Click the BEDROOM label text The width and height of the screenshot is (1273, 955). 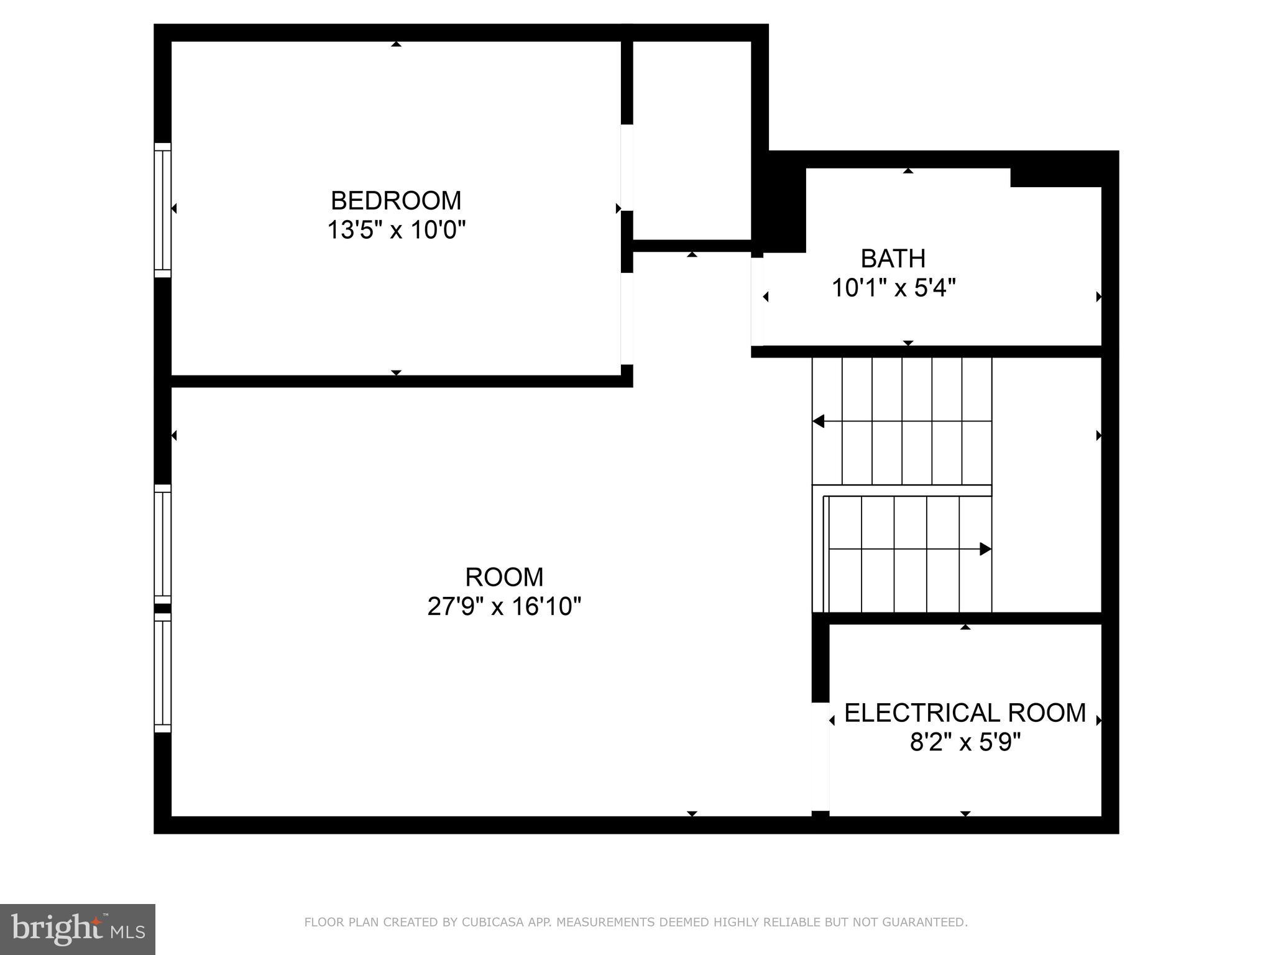click(396, 201)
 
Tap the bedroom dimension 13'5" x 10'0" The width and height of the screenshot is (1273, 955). click(396, 231)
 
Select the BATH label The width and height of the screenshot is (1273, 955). click(893, 259)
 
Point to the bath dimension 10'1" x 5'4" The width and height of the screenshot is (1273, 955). click(893, 288)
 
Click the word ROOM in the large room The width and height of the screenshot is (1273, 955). click(504, 577)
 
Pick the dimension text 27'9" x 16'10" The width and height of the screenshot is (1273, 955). click(504, 606)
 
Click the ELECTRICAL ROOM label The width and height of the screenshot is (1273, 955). click(965, 713)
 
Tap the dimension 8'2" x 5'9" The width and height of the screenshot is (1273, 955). click(965, 742)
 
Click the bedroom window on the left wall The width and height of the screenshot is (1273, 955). click(162, 210)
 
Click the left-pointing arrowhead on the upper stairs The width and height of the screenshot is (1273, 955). click(819, 422)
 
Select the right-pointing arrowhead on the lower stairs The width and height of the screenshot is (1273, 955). click(985, 549)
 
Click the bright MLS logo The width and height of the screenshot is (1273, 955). click(78, 929)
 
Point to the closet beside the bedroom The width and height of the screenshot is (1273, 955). click(692, 141)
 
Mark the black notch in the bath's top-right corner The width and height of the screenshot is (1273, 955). click(1055, 178)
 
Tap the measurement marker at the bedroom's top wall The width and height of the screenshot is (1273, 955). click(396, 44)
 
